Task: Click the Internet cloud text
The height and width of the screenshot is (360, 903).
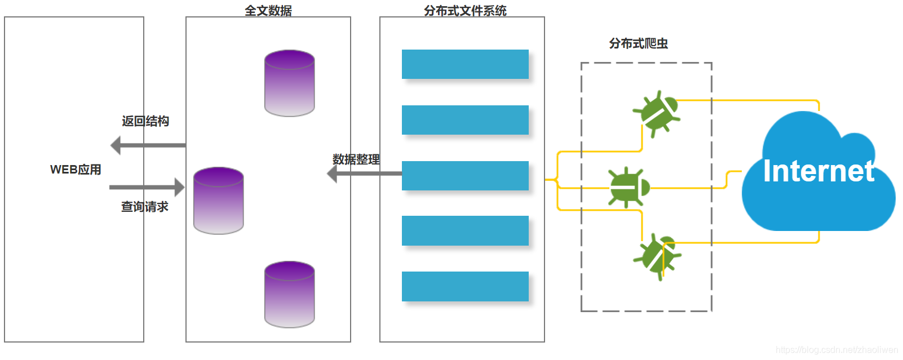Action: (x=818, y=171)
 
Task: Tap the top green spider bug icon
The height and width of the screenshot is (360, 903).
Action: (x=656, y=113)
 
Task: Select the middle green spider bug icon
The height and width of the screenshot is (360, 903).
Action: (x=628, y=187)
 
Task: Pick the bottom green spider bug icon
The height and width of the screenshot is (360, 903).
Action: (x=657, y=256)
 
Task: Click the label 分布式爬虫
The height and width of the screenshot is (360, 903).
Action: (x=638, y=43)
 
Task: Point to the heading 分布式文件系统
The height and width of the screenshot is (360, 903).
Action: (x=465, y=10)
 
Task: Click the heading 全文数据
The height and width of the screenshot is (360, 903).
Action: (x=268, y=10)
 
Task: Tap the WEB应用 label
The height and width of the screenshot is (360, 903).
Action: (x=76, y=170)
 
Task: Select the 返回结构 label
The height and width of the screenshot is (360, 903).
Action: (x=145, y=121)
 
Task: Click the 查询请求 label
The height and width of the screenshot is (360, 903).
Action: (x=145, y=207)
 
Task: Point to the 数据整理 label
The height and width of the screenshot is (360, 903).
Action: (x=356, y=159)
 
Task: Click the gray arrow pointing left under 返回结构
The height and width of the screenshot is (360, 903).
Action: (x=148, y=145)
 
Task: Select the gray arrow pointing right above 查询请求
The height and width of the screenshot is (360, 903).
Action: (x=147, y=187)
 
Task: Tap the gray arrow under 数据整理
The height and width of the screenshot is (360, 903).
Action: (x=364, y=174)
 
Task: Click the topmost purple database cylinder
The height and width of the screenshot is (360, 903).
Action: (x=289, y=83)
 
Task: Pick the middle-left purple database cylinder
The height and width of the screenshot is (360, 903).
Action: (x=218, y=201)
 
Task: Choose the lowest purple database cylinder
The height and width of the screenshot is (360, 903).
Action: (x=289, y=294)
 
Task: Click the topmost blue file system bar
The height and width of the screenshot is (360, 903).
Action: (x=465, y=64)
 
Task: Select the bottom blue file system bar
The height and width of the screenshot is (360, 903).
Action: (x=465, y=286)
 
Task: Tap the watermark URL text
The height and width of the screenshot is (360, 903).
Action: (x=836, y=350)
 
